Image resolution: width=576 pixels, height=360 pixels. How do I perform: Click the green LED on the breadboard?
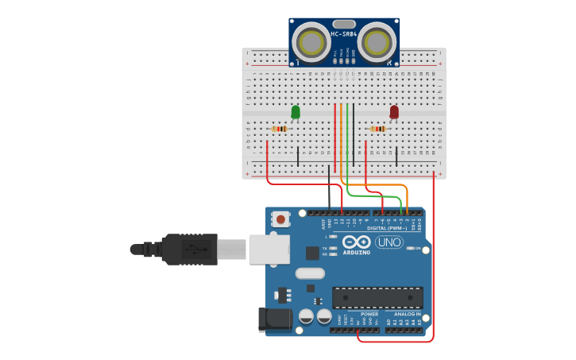(x=296, y=112)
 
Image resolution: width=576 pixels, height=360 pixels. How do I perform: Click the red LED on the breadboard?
(x=394, y=112)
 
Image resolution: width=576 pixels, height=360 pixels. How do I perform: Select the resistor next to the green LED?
(x=279, y=129)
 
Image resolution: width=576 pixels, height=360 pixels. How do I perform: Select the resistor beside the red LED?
(x=377, y=129)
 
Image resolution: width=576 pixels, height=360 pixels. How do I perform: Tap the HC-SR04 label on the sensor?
(x=343, y=34)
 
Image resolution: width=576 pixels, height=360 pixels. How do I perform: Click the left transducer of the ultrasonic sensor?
(x=311, y=42)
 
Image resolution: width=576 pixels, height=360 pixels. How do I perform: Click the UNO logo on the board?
(x=389, y=242)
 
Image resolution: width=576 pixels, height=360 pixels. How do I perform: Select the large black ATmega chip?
(x=377, y=297)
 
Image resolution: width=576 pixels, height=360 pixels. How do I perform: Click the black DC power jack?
(x=273, y=319)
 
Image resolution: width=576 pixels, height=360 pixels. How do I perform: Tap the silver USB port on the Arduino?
(x=269, y=249)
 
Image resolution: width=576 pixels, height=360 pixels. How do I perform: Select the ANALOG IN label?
(x=407, y=314)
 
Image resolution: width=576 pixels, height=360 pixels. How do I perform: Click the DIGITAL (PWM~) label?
(x=389, y=228)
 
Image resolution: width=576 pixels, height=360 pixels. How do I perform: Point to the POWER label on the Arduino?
(x=369, y=314)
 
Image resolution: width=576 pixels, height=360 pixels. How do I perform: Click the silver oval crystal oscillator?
(x=310, y=273)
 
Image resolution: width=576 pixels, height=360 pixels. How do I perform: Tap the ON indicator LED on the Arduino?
(x=410, y=248)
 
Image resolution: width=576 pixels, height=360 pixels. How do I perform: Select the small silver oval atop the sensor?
(x=343, y=24)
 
